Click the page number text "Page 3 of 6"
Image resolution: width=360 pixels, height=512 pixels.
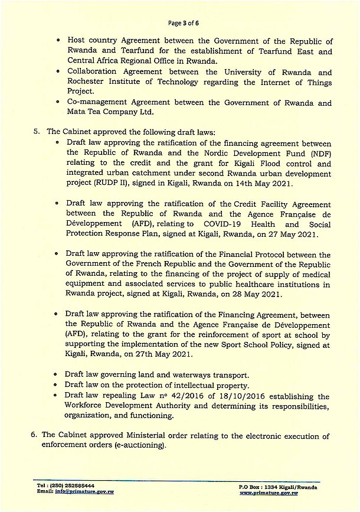tap(179, 24)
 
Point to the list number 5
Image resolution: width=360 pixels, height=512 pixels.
tap(36, 131)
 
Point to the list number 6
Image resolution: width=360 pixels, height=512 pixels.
tap(33, 434)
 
